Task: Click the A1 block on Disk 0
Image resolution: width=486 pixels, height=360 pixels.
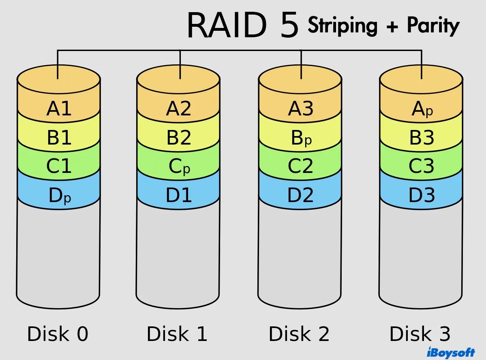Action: (x=59, y=109)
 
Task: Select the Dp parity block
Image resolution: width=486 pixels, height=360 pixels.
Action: (x=59, y=196)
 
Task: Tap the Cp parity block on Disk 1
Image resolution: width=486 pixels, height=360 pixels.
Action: (x=179, y=167)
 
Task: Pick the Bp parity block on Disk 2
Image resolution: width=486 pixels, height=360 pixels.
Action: (x=301, y=138)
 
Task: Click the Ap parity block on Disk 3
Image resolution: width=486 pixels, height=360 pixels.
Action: (x=422, y=109)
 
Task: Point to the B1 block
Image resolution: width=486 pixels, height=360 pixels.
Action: (x=59, y=138)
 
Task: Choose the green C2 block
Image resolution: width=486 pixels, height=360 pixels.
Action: (x=300, y=166)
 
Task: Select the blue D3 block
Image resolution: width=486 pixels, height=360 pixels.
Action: (x=422, y=196)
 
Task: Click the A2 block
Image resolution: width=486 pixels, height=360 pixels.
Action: (x=179, y=109)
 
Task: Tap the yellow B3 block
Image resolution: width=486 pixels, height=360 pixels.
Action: (x=422, y=138)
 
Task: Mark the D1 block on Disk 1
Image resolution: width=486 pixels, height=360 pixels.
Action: (x=179, y=196)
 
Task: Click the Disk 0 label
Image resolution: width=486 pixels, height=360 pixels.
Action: (x=58, y=334)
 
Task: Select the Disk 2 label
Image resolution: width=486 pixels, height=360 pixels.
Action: (x=299, y=334)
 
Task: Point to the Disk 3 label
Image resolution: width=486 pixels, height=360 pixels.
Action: (x=420, y=334)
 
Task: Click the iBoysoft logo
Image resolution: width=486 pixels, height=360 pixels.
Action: (x=451, y=351)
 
